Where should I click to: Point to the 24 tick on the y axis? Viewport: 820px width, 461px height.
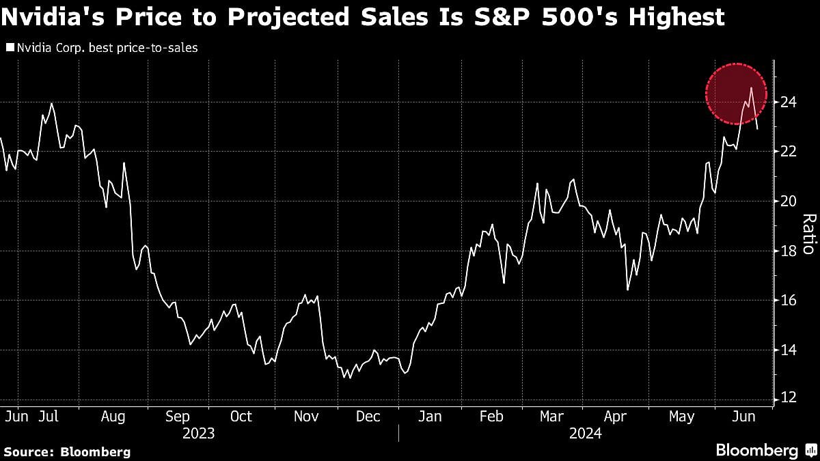click(789, 102)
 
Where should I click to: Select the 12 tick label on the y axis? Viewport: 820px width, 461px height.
click(789, 398)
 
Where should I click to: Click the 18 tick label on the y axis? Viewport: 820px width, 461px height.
click(789, 251)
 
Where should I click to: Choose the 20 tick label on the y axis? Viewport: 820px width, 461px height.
click(789, 201)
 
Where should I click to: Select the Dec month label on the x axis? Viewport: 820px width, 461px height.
click(368, 416)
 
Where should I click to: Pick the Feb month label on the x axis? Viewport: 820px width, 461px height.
click(491, 416)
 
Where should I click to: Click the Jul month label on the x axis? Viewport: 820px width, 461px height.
click(48, 416)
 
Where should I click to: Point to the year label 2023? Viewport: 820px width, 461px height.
click(198, 434)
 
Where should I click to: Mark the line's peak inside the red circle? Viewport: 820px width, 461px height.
click(752, 87)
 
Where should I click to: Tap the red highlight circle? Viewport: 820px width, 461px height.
click(735, 94)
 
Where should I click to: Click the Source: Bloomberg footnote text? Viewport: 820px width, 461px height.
click(67, 451)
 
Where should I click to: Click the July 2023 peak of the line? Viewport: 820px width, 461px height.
click(52, 104)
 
